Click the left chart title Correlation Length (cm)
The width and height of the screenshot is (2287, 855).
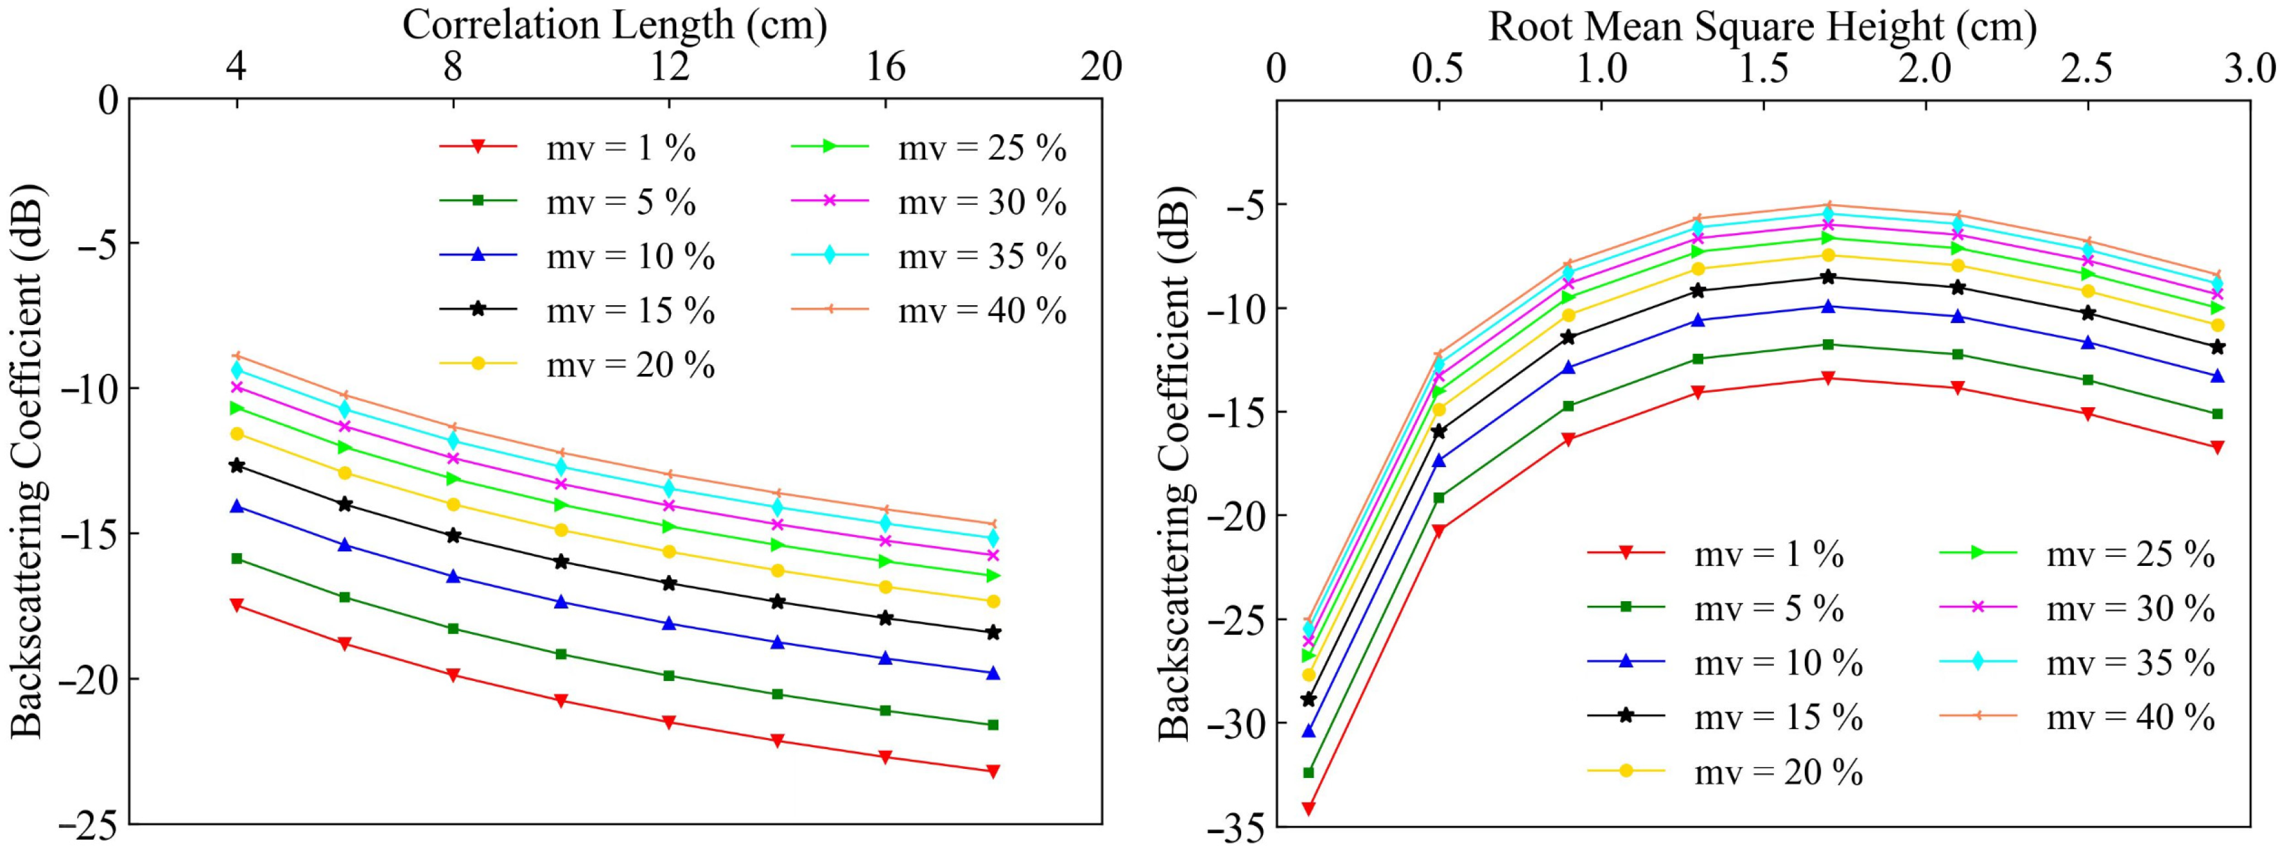pyautogui.click(x=614, y=25)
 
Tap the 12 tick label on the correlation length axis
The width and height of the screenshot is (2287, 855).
pyautogui.click(x=670, y=67)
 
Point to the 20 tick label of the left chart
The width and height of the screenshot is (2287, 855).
pyautogui.click(x=1101, y=67)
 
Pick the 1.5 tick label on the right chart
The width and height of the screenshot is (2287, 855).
pyautogui.click(x=1762, y=69)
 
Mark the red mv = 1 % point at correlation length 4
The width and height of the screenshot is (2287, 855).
pyautogui.click(x=236, y=604)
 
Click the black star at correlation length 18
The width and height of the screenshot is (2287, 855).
pyautogui.click(x=993, y=632)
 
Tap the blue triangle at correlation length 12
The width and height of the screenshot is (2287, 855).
pyautogui.click(x=670, y=623)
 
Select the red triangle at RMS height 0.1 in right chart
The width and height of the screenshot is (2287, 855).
pyautogui.click(x=1309, y=808)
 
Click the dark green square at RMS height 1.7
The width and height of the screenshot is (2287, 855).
pyautogui.click(x=1828, y=344)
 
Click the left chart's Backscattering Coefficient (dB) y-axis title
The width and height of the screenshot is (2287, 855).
pyautogui.click(x=26, y=462)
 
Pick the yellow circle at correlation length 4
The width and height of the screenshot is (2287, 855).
pyautogui.click(x=236, y=433)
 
